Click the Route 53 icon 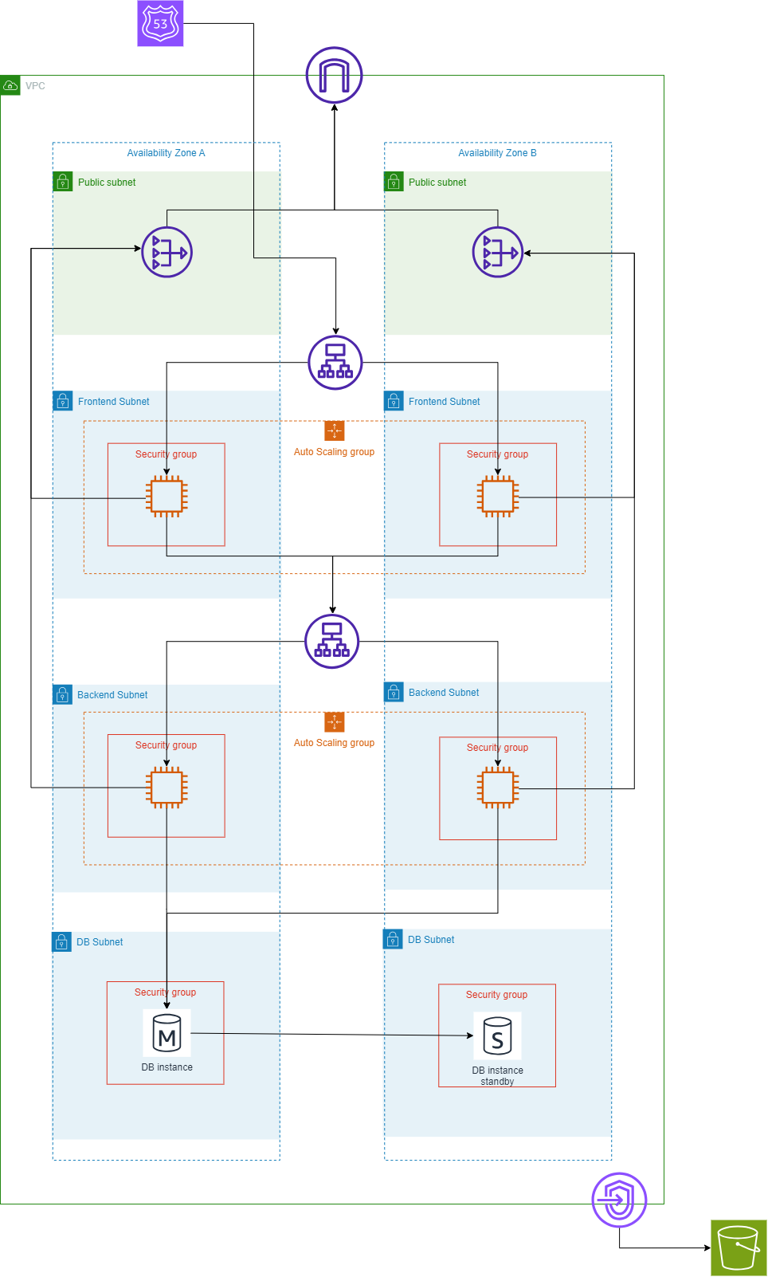pos(160,23)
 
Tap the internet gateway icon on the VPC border pos(335,76)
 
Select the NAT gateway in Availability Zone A pos(167,253)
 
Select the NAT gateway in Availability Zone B pos(498,253)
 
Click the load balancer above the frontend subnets pos(335,363)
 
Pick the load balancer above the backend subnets pos(332,641)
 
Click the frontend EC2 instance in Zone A pos(167,497)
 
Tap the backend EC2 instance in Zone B pos(498,788)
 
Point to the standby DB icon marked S pos(497,1035)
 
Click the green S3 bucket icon pos(739,1248)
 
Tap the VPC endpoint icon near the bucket pos(619,1200)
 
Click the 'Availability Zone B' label pos(497,153)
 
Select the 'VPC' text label pos(35,86)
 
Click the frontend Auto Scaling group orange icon pos(335,430)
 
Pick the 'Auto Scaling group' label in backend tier pos(334,743)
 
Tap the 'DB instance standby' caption pos(497,1076)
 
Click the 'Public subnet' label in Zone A pos(107,183)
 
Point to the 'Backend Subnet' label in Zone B pos(444,693)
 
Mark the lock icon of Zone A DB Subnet pos(61,942)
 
